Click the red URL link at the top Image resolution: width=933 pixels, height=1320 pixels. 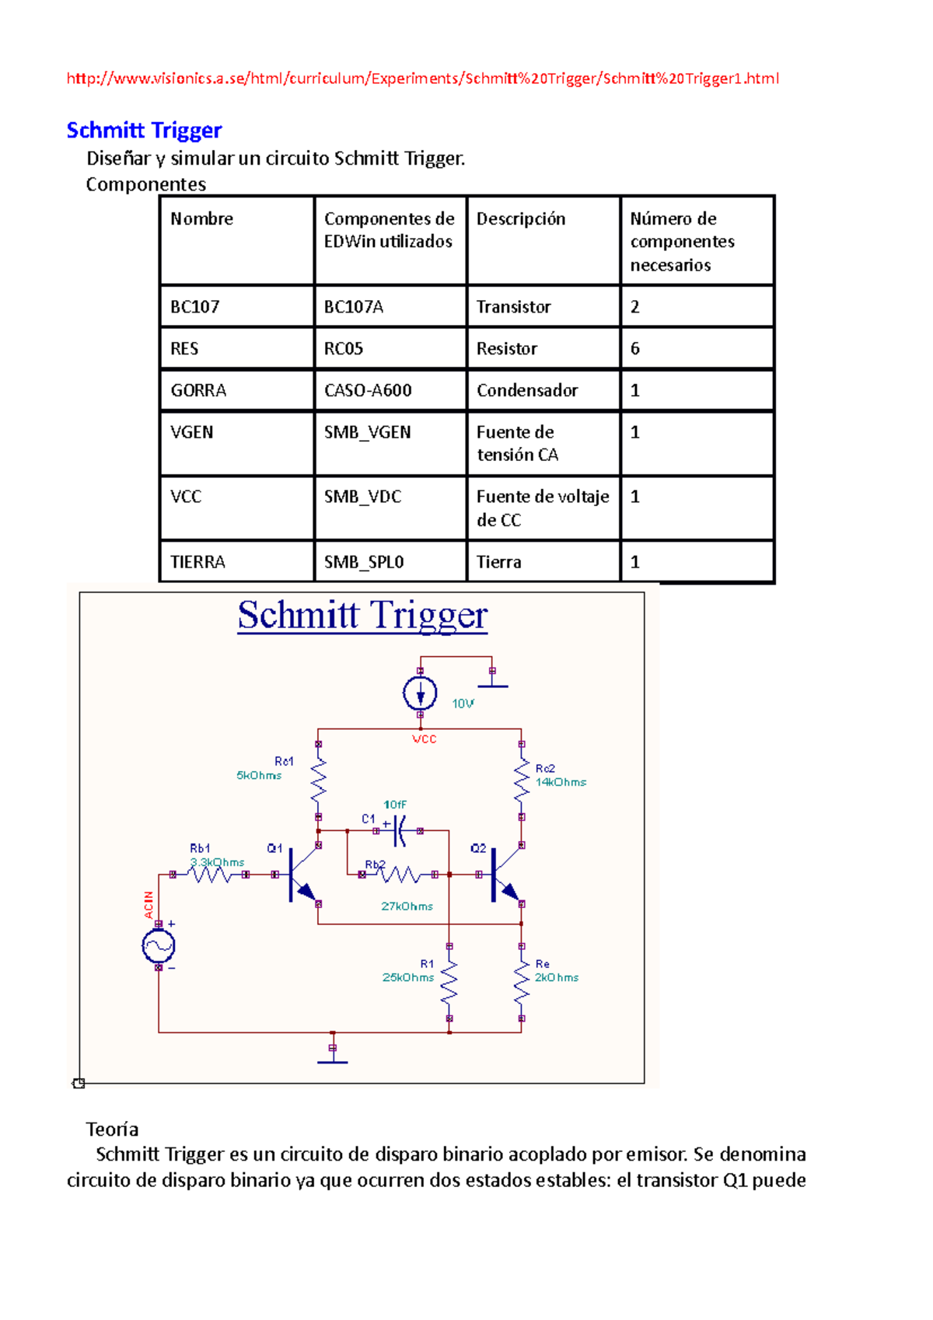coord(422,79)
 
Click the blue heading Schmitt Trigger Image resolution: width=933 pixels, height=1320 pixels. coord(144,130)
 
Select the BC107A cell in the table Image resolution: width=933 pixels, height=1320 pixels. coord(354,307)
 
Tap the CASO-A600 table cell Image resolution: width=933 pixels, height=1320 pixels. coord(368,390)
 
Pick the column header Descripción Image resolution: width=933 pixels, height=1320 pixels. coord(520,219)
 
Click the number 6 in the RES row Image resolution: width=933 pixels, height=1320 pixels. coord(635,349)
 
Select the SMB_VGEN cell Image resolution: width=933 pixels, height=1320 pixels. coord(367,432)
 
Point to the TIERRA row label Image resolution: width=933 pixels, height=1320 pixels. coord(197,562)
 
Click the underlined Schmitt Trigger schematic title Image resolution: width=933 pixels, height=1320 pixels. coord(362,616)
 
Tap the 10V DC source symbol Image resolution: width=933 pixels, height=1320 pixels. coord(420,693)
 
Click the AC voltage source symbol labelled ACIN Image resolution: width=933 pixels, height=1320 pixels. coord(159,946)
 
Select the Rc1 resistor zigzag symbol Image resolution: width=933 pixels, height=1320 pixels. coord(318,780)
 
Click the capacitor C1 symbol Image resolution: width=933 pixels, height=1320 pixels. coord(399,831)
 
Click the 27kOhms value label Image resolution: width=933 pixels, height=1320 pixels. coord(407,906)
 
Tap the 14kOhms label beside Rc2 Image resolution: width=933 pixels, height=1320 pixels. coord(561,783)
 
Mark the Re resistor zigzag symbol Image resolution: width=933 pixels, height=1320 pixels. coord(522,982)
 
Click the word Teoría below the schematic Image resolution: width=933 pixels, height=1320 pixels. coord(112,1130)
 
